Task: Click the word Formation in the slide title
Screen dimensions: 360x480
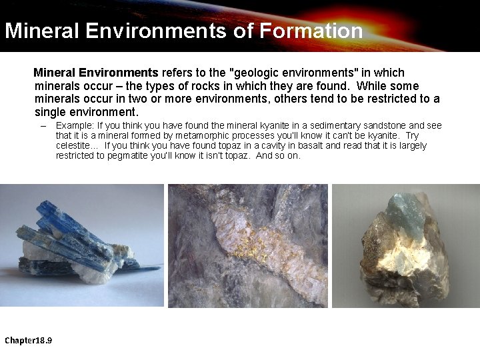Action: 311,31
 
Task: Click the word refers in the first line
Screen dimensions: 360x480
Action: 178,73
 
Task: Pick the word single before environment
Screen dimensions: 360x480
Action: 51,112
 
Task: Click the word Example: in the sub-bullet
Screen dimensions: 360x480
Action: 75,125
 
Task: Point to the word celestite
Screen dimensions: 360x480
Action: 75,145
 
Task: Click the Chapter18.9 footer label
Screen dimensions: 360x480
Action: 29,341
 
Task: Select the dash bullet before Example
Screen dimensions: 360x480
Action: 43,125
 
